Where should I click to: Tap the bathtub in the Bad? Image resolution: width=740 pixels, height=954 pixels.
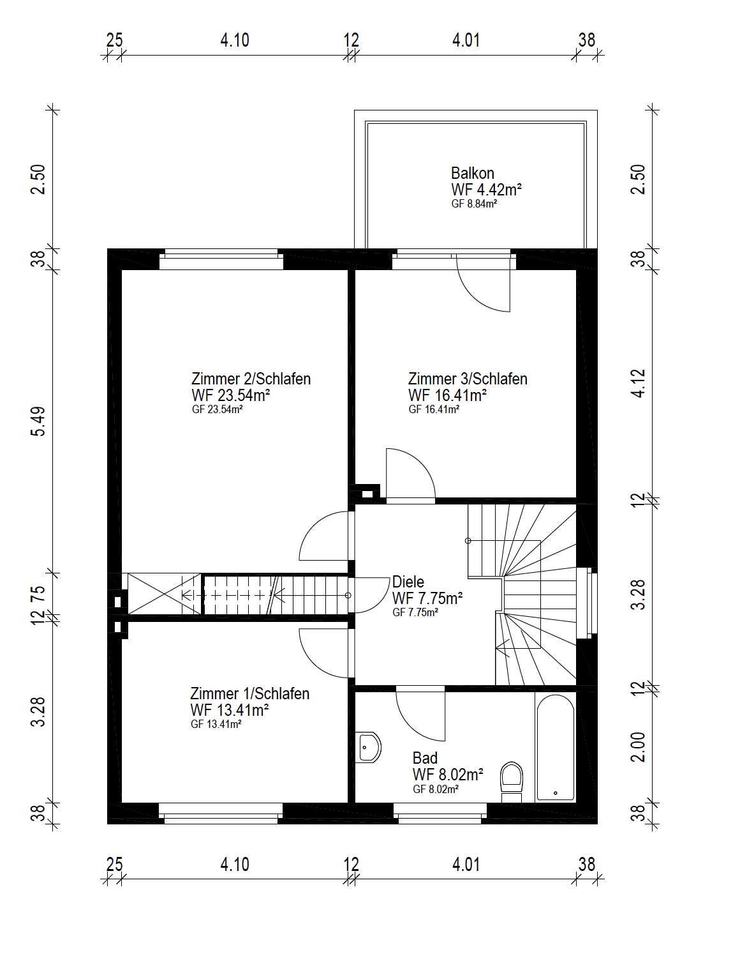(x=556, y=746)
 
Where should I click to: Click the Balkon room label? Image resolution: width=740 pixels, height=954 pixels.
(x=473, y=173)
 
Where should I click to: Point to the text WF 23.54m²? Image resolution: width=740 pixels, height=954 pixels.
(x=230, y=395)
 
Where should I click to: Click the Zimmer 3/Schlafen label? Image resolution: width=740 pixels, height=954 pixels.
(x=468, y=379)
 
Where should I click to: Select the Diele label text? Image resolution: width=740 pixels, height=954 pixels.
(x=408, y=582)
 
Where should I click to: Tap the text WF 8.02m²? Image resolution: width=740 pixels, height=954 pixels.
(x=448, y=775)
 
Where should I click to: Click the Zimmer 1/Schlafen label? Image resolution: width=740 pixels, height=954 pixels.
(x=250, y=693)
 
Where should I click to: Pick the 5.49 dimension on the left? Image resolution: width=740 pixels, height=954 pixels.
(x=38, y=421)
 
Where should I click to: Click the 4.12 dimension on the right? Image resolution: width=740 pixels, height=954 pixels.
(x=639, y=383)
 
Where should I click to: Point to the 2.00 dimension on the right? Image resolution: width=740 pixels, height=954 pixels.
(x=639, y=747)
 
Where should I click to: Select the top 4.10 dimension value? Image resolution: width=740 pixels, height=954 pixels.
(x=235, y=40)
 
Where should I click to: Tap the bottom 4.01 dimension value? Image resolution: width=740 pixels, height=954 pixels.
(x=466, y=865)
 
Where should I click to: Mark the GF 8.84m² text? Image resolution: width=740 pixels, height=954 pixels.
(x=475, y=204)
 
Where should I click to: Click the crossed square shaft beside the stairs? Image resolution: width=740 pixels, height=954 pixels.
(x=165, y=594)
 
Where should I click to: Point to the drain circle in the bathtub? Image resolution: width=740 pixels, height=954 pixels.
(x=556, y=793)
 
